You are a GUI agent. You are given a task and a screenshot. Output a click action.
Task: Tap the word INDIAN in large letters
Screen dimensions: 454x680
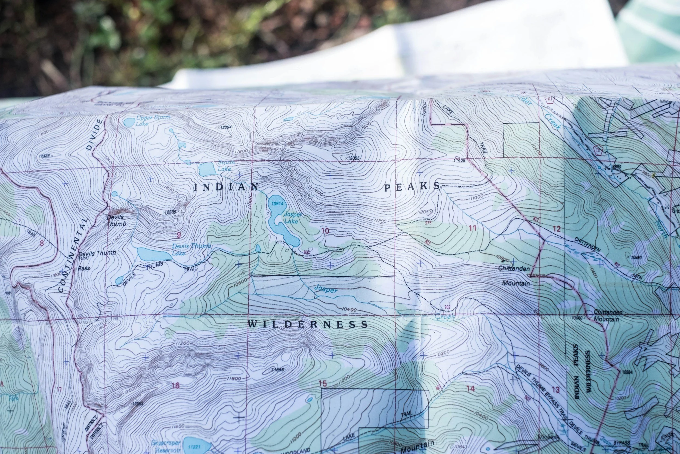click(226, 187)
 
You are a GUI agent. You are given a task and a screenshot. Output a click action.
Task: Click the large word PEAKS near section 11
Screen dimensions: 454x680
click(412, 187)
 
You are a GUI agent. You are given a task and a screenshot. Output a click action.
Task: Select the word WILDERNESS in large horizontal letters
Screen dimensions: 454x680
click(308, 324)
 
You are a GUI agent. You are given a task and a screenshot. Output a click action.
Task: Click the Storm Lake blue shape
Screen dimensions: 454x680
click(207, 169)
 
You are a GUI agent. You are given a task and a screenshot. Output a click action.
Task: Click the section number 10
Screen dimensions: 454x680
click(325, 231)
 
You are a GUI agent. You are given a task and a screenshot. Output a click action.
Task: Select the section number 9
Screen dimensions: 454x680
click(179, 235)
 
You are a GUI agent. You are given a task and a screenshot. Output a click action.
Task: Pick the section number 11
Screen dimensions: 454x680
click(472, 228)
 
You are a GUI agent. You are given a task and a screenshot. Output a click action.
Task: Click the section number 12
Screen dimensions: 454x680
click(557, 229)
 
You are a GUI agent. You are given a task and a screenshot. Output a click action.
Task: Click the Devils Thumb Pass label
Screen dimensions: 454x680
click(97, 260)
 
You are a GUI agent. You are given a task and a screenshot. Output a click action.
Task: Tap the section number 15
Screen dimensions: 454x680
click(323, 384)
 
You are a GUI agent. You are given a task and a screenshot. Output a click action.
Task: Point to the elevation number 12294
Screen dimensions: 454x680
click(225, 127)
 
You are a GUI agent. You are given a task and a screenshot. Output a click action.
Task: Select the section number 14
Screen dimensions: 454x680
click(471, 388)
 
